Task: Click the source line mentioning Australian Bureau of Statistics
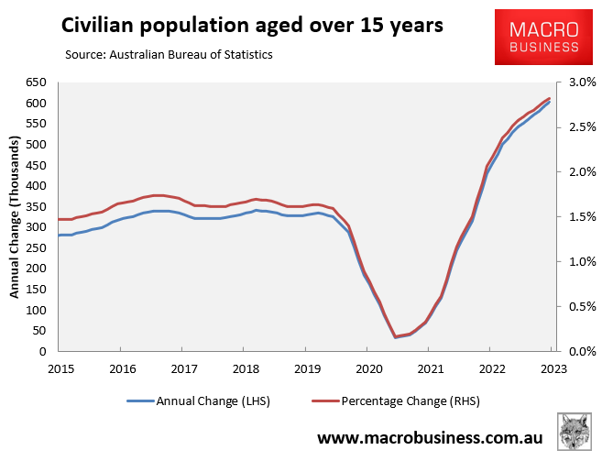point(169,55)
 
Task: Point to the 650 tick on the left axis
point(38,82)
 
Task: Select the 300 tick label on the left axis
point(38,227)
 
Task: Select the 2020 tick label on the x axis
point(367,368)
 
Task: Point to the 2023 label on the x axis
point(552,368)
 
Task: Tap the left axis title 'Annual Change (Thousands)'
point(15,217)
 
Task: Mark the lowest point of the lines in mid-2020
point(395,336)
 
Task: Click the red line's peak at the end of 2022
point(549,98)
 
